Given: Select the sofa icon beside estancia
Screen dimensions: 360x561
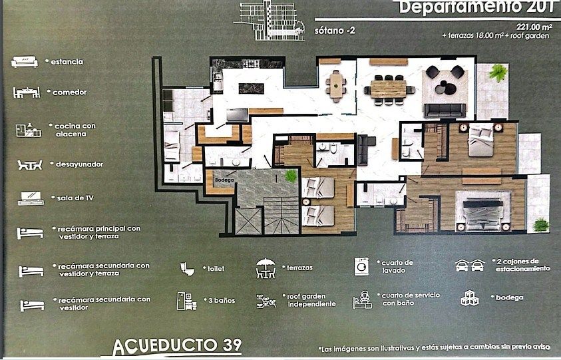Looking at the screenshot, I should point(25,62).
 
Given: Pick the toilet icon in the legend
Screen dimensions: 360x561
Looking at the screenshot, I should point(187,268).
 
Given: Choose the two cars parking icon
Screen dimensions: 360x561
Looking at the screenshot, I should point(469,266).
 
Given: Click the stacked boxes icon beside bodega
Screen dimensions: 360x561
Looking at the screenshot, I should point(470,299).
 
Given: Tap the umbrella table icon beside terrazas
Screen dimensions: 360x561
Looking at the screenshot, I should point(266,268).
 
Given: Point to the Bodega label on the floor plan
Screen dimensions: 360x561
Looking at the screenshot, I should point(222,180).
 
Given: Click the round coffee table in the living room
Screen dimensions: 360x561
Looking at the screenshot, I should point(445,87).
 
